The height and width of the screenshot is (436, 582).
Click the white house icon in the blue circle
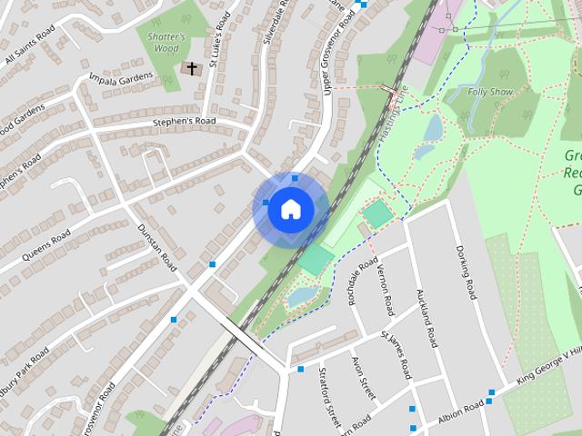tap(289, 209)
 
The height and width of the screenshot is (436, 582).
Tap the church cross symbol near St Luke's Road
tap(190, 68)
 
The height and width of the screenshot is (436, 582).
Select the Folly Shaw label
tap(492, 92)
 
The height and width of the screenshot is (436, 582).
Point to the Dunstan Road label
tap(156, 245)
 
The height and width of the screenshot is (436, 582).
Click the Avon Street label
tap(365, 378)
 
